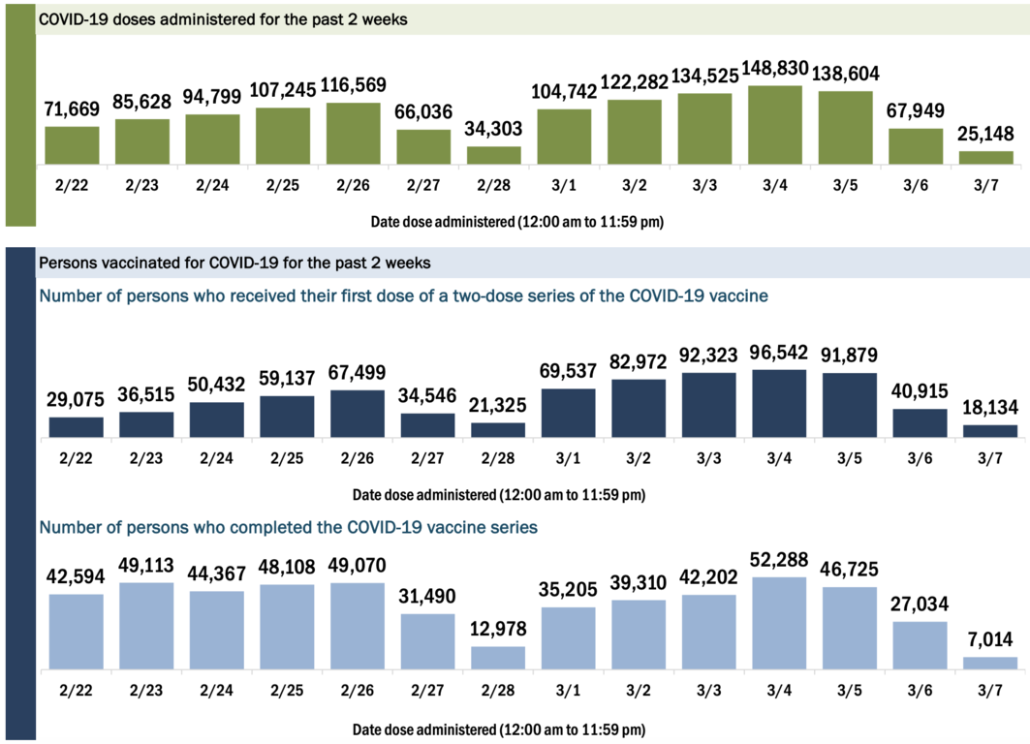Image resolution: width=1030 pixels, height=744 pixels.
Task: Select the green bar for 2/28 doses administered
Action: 494,155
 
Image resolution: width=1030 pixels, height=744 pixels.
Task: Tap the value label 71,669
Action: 72,109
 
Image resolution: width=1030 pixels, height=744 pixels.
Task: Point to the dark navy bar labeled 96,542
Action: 775,404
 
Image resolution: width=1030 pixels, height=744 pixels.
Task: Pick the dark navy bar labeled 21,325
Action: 494,430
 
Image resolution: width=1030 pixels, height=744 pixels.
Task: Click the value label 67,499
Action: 354,373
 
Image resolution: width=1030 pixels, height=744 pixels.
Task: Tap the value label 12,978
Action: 494,629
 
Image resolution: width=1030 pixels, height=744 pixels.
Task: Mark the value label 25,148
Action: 987,133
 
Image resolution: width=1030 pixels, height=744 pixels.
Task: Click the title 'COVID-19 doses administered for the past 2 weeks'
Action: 222,19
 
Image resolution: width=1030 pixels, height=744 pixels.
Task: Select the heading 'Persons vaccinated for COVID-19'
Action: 234,263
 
